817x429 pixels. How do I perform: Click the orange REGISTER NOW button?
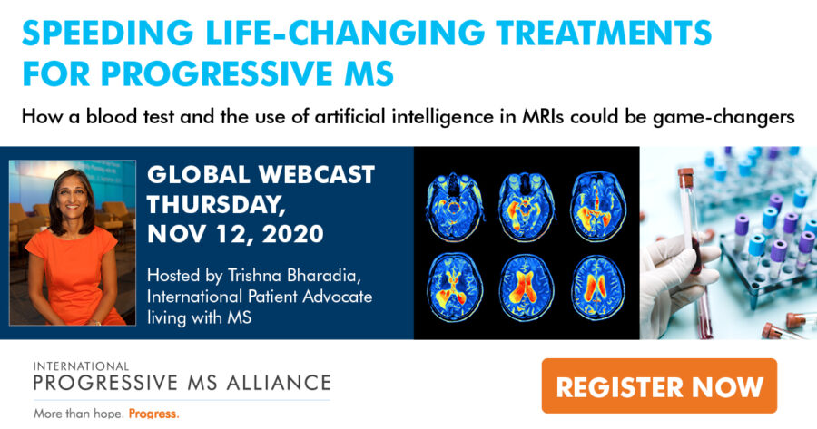[x=659, y=385]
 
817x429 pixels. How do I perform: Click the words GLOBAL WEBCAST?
[x=261, y=175]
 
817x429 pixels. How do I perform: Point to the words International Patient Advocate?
[x=260, y=297]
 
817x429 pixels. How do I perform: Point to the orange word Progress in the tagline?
[x=153, y=414]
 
